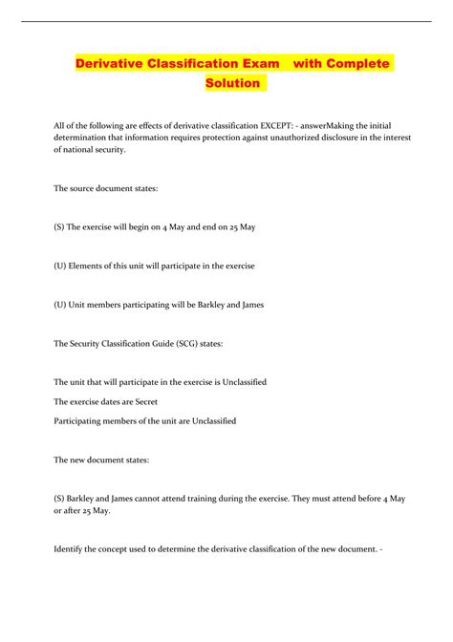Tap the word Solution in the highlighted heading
pos(232,83)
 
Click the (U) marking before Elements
pos(64,265)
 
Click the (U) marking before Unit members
pos(64,304)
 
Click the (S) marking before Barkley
pos(63,498)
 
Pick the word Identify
pos(75,548)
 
